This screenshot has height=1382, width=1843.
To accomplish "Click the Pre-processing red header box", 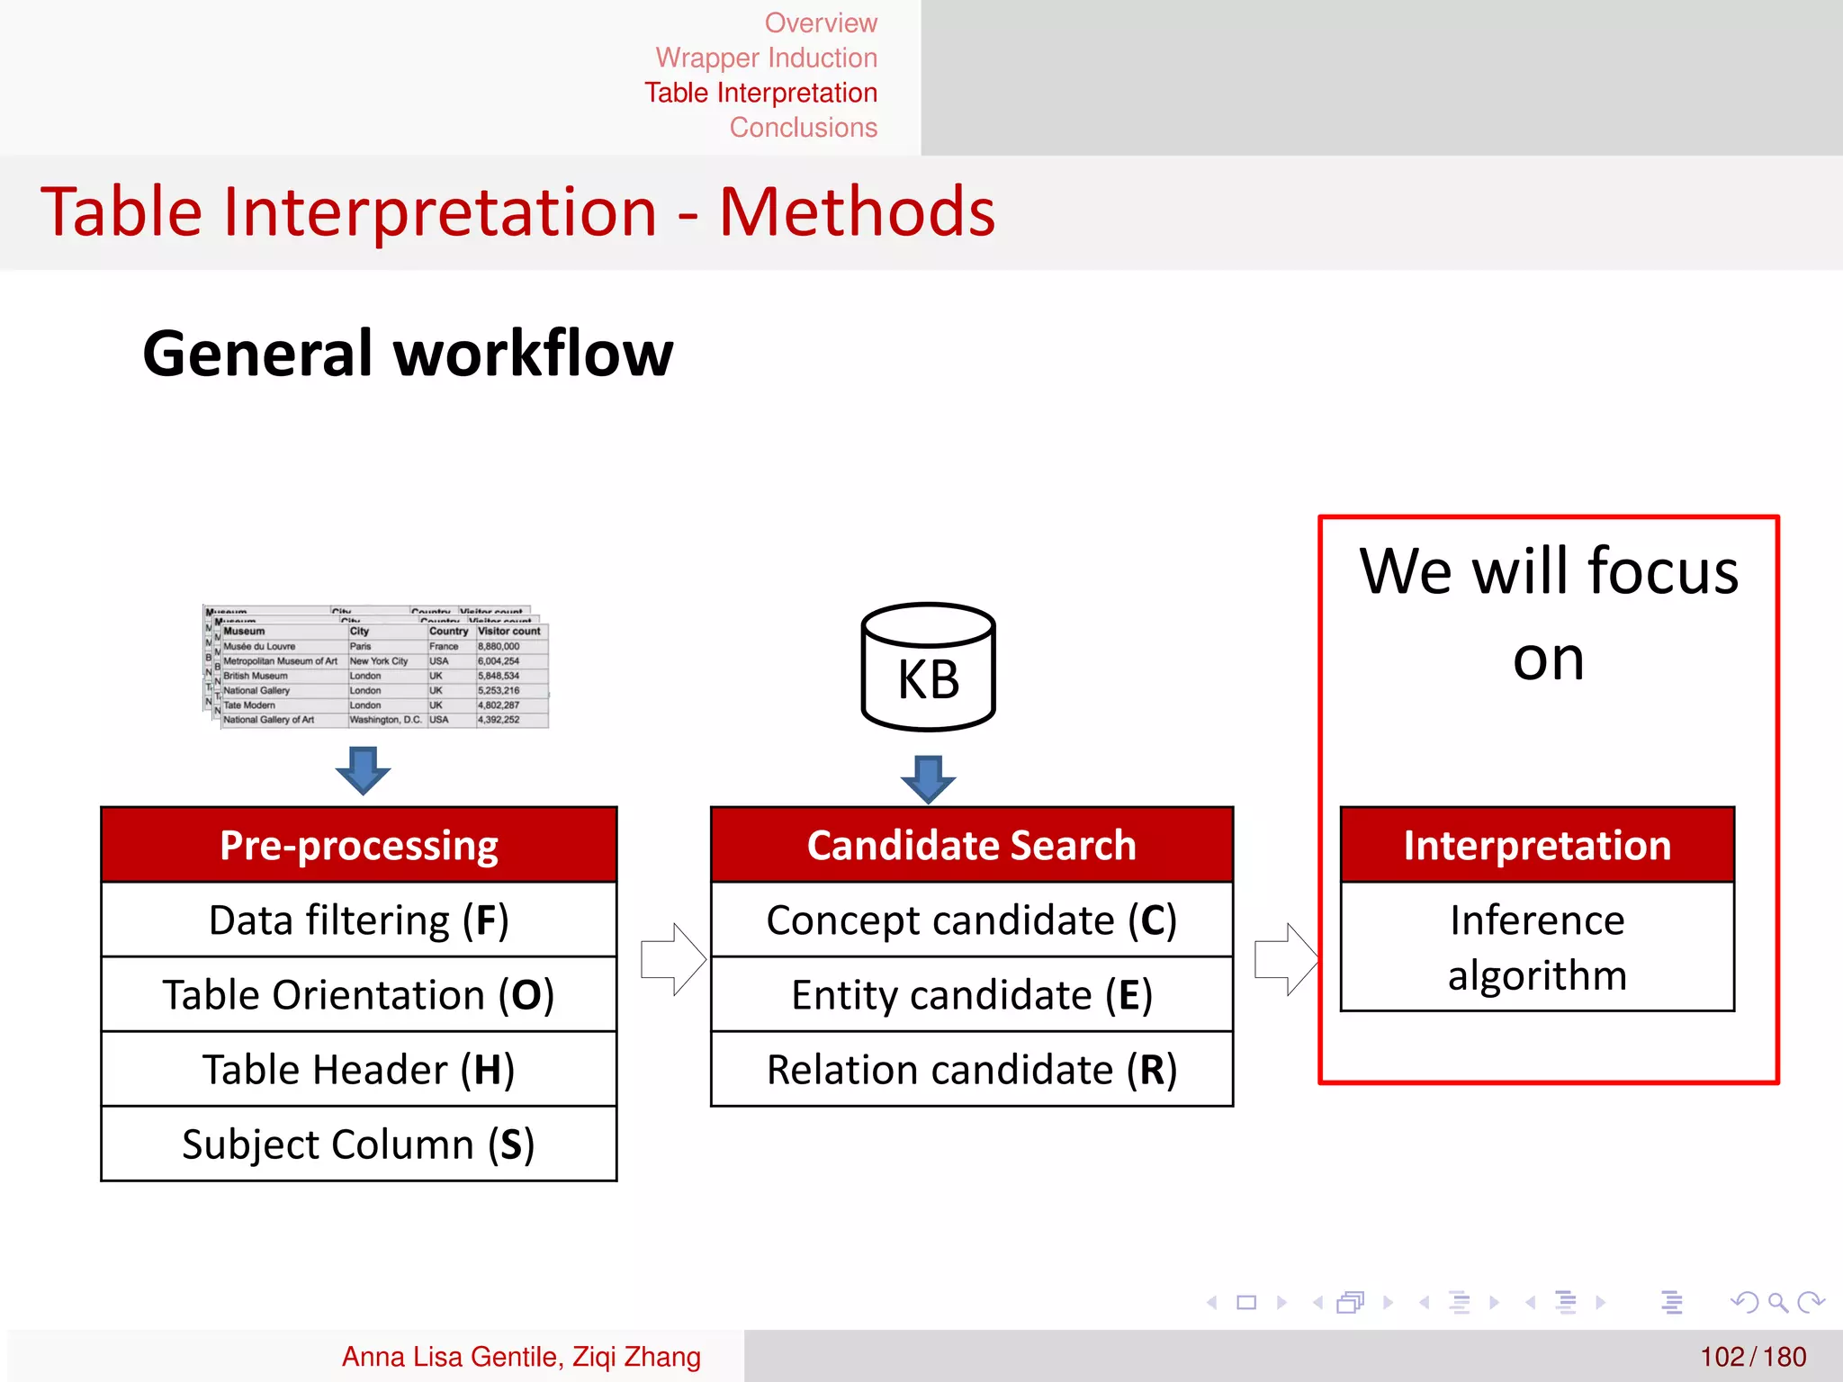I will tap(358, 845).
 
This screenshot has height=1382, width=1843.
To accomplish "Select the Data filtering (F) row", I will tap(358, 920).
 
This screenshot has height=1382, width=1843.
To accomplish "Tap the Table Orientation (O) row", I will tap(358, 994).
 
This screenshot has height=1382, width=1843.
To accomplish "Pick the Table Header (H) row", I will tap(358, 1069).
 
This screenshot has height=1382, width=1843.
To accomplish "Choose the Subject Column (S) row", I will tap(358, 1144).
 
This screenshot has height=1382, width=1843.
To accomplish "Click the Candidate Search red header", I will tap(971, 845).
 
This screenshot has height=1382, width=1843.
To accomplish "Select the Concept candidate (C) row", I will tap(971, 920).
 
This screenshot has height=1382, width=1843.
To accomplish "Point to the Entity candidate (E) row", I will tap(971, 994).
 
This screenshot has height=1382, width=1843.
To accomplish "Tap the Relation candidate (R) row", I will tap(971, 1069).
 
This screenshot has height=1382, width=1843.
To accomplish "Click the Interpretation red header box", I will tap(1537, 845).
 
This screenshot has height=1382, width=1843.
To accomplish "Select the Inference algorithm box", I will tap(1537, 947).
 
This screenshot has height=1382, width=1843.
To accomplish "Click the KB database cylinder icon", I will tap(928, 667).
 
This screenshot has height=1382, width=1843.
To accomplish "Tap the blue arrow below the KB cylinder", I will tap(928, 777).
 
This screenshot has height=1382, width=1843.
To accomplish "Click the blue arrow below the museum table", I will tap(363, 769).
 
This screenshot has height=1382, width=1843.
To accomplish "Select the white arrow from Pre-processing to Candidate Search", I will tap(673, 958).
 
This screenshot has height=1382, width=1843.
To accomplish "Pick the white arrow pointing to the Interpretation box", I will tap(1286, 958).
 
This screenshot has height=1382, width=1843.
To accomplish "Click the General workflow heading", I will tap(408, 354).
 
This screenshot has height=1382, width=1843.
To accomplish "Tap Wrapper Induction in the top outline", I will tap(766, 58).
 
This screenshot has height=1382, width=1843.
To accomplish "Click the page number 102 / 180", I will tap(1752, 1356).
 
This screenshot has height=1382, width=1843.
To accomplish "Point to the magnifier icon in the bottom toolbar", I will tap(1777, 1302).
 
